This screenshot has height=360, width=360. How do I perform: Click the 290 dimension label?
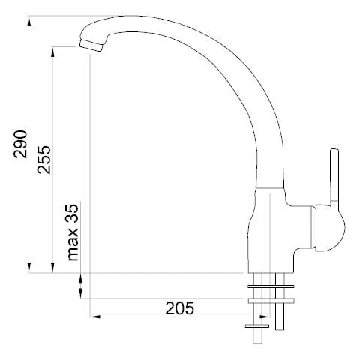click(x=20, y=144)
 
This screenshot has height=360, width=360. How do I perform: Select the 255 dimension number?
click(x=44, y=160)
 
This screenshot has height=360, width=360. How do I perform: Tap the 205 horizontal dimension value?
click(x=179, y=308)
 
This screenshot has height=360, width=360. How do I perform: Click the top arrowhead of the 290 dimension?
click(x=29, y=20)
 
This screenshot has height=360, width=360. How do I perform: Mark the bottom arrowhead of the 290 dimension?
click(x=29, y=268)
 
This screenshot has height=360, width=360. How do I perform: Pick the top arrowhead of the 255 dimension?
click(x=52, y=52)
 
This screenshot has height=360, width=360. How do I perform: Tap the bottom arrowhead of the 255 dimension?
click(x=52, y=268)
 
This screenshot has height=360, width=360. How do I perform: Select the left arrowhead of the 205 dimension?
click(x=95, y=316)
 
